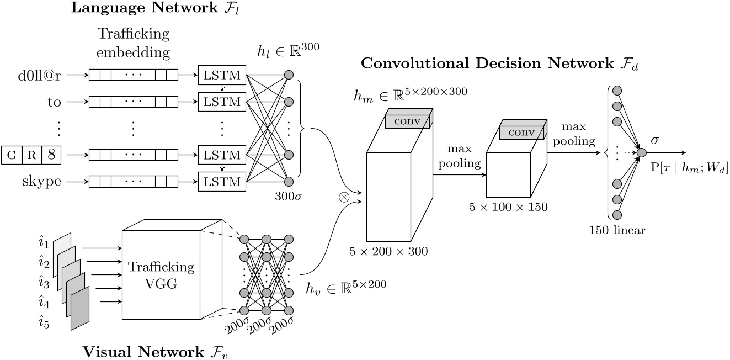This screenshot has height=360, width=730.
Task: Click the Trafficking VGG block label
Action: pos(161,274)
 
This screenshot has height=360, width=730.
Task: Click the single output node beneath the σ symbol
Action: pos(641,152)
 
